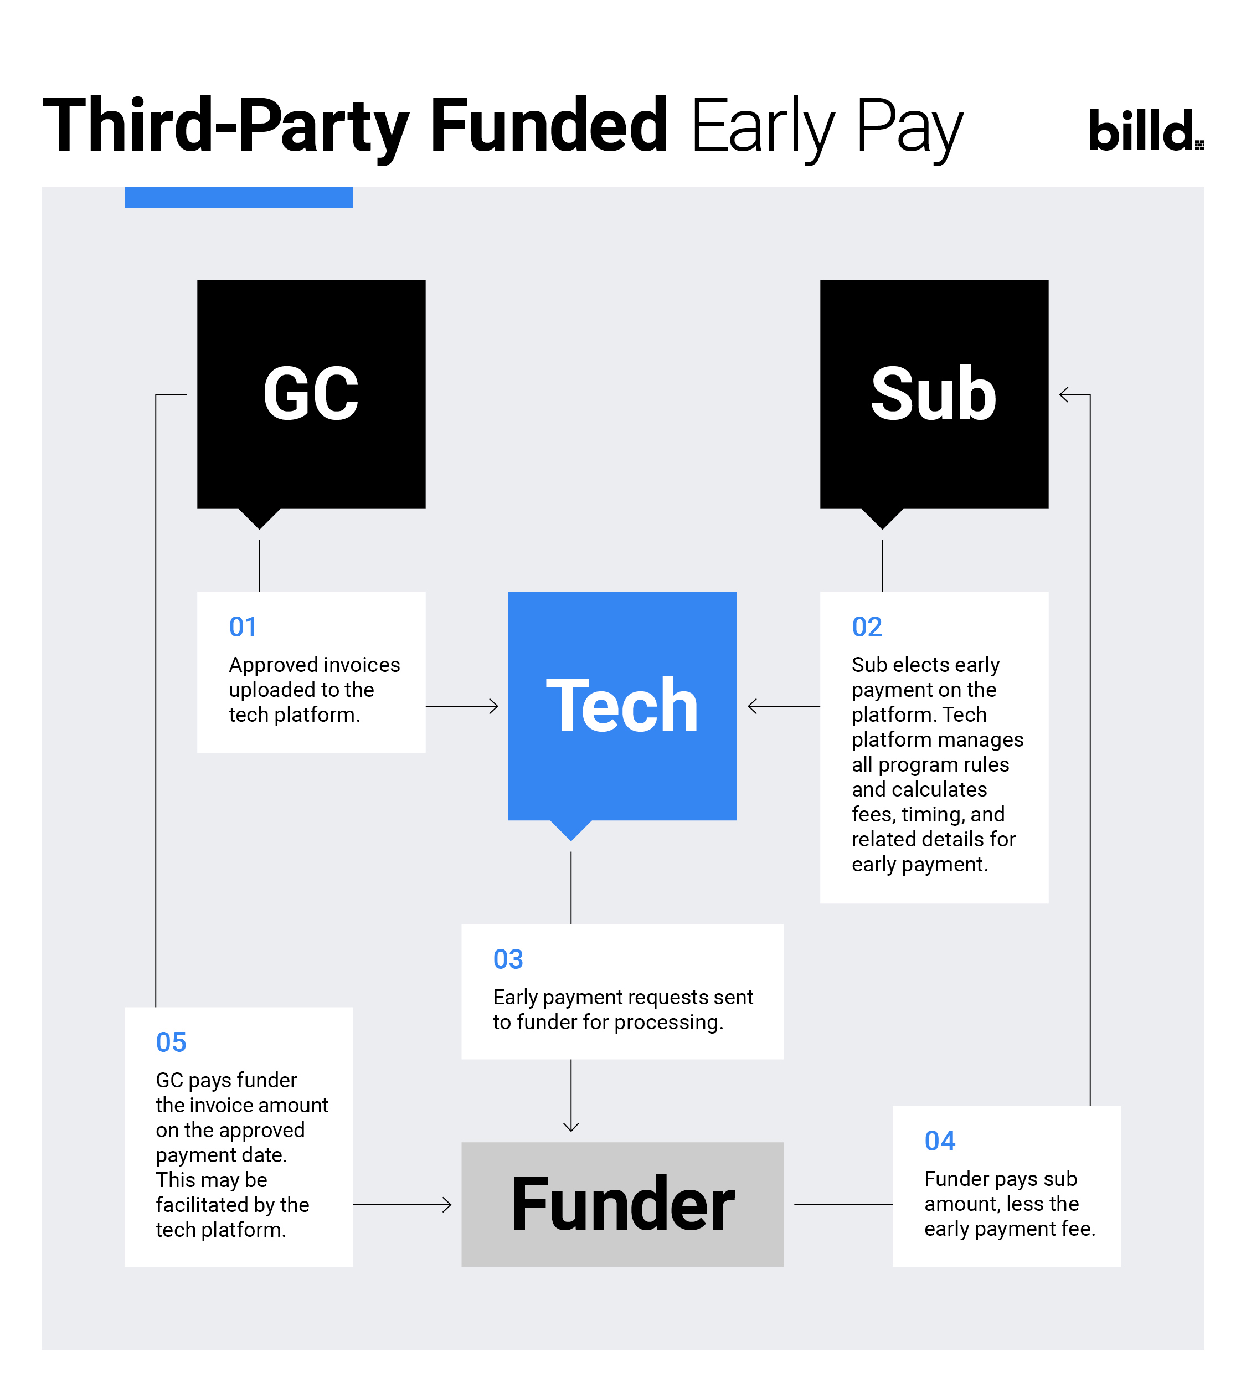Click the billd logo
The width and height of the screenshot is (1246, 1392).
click(1146, 130)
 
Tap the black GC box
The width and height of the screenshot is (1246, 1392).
click(311, 395)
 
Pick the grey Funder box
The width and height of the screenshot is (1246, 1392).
click(622, 1204)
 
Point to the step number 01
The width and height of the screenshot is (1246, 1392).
click(243, 627)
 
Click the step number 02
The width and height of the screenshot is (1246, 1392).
click(867, 627)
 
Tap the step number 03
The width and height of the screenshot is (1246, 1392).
click(508, 959)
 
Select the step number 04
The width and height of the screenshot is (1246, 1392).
click(939, 1141)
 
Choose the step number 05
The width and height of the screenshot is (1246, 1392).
click(171, 1042)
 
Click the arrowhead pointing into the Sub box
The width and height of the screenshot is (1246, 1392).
click(1064, 395)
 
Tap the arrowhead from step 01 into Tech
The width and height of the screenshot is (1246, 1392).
click(493, 706)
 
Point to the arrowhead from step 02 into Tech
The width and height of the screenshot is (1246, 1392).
click(753, 706)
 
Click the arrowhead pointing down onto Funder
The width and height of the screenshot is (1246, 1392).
click(571, 1126)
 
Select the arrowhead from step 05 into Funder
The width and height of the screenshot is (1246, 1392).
click(446, 1204)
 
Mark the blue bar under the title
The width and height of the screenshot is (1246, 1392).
click(238, 197)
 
